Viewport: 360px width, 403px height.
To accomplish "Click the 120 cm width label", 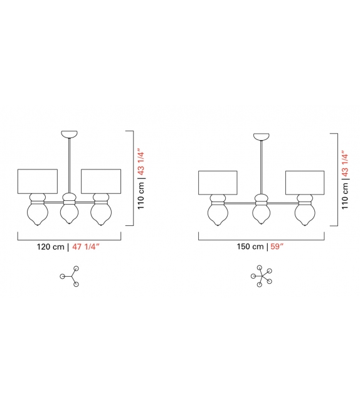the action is click(51, 247).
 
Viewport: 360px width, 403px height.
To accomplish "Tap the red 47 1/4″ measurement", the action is click(86, 247).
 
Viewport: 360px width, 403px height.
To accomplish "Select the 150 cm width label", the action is click(250, 247).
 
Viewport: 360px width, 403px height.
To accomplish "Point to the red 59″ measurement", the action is click(277, 247).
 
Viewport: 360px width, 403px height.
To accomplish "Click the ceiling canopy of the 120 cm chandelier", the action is click(69, 134).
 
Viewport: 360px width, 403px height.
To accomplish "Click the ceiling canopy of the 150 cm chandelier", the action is click(262, 136).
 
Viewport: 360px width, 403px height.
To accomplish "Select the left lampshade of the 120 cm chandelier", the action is click(38, 181).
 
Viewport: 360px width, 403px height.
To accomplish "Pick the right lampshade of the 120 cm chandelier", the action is click(101, 181).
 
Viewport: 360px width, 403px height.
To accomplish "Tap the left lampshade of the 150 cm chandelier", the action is click(218, 183).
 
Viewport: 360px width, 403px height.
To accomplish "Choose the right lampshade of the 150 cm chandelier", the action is click(305, 183).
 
